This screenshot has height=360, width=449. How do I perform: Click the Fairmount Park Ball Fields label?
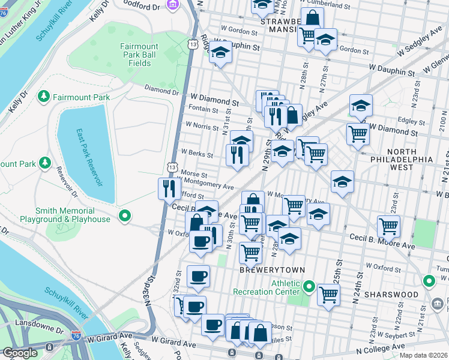[x=139, y=54]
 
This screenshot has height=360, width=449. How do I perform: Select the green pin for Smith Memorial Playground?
[x=125, y=215]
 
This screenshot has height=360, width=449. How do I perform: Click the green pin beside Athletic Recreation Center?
[x=309, y=287]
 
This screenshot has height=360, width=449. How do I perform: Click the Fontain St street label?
[x=203, y=109]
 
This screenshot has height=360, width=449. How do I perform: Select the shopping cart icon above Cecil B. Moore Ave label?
[x=389, y=226]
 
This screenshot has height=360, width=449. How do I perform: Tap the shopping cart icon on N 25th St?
[x=328, y=295]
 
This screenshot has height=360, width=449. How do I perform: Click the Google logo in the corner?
[x=20, y=353]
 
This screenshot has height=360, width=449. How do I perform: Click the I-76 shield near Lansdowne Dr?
[x=76, y=338]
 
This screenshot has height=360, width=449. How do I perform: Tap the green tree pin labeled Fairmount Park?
[x=44, y=96]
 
